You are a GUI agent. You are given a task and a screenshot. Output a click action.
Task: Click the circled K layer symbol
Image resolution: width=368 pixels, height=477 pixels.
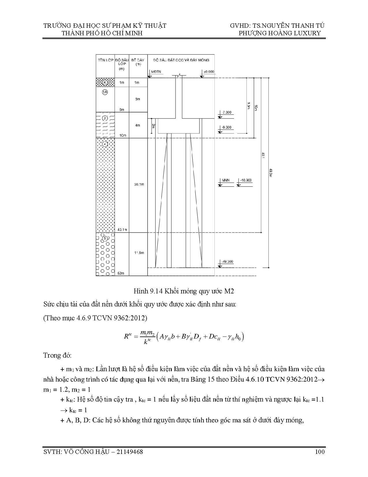pos(105,82)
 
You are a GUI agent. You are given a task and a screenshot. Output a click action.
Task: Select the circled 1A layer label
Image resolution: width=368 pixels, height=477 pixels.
pos(105,92)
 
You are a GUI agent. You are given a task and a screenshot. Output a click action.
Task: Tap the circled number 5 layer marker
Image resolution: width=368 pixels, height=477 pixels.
pos(105,238)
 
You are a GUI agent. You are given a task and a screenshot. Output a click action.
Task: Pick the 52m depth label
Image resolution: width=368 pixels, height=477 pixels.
pos(121,273)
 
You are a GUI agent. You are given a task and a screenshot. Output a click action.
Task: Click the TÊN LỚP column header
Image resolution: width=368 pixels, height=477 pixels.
pos(105,60)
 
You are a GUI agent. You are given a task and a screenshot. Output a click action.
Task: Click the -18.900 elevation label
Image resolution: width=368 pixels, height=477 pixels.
pos(245,180)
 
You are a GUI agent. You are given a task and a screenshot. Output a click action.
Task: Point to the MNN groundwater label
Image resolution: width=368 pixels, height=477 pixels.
pos(225,180)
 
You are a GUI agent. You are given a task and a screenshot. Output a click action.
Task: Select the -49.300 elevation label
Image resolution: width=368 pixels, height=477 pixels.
pos(227,262)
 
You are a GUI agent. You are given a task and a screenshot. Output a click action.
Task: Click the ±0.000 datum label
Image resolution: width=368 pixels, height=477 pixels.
pos(209,72)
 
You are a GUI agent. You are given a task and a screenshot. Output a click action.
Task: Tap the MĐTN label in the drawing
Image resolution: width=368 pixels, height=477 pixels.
pos(156,72)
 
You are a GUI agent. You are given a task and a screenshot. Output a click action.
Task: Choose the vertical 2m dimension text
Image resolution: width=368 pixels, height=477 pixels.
pos(153,126)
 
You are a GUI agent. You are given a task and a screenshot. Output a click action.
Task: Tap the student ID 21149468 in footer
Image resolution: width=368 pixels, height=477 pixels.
pos(128,452)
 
